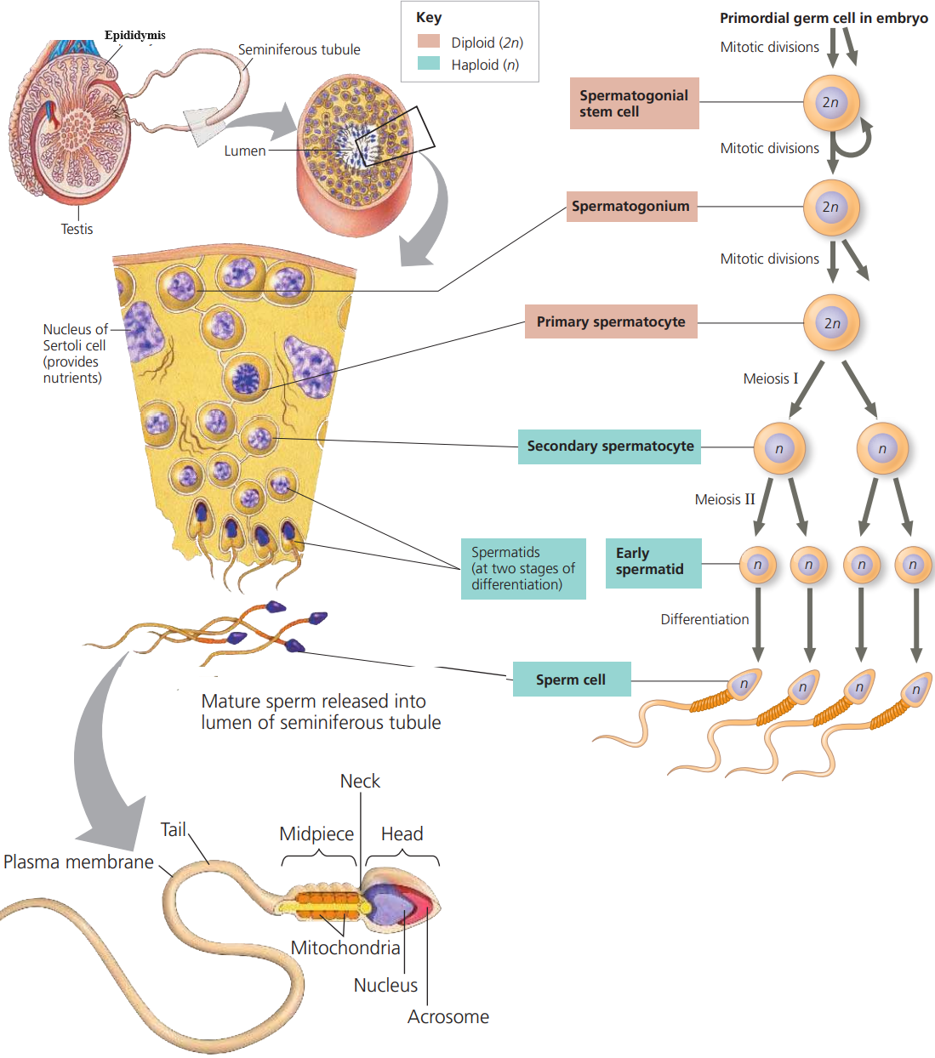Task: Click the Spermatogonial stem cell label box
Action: [x=634, y=104]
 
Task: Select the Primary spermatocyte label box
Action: [x=611, y=321]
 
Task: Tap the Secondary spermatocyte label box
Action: [x=609, y=447]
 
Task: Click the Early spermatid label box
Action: [x=653, y=562]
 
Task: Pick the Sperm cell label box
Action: [x=571, y=680]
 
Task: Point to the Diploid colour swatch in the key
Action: [x=429, y=42]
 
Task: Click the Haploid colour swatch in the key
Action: [x=429, y=64]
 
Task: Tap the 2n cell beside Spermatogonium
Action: [x=831, y=207]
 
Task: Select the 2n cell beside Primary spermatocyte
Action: [x=832, y=323]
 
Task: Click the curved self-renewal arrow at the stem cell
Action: [x=855, y=141]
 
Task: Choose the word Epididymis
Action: [x=135, y=35]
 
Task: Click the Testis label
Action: [x=77, y=229]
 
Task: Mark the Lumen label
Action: [x=245, y=151]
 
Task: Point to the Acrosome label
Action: [x=448, y=1017]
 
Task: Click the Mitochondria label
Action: [x=345, y=947]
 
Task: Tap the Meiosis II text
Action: [x=724, y=499]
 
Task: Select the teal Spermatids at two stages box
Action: [x=523, y=568]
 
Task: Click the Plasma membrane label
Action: [x=78, y=862]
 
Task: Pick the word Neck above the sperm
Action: [x=360, y=781]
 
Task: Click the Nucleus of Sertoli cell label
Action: [x=75, y=353]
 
